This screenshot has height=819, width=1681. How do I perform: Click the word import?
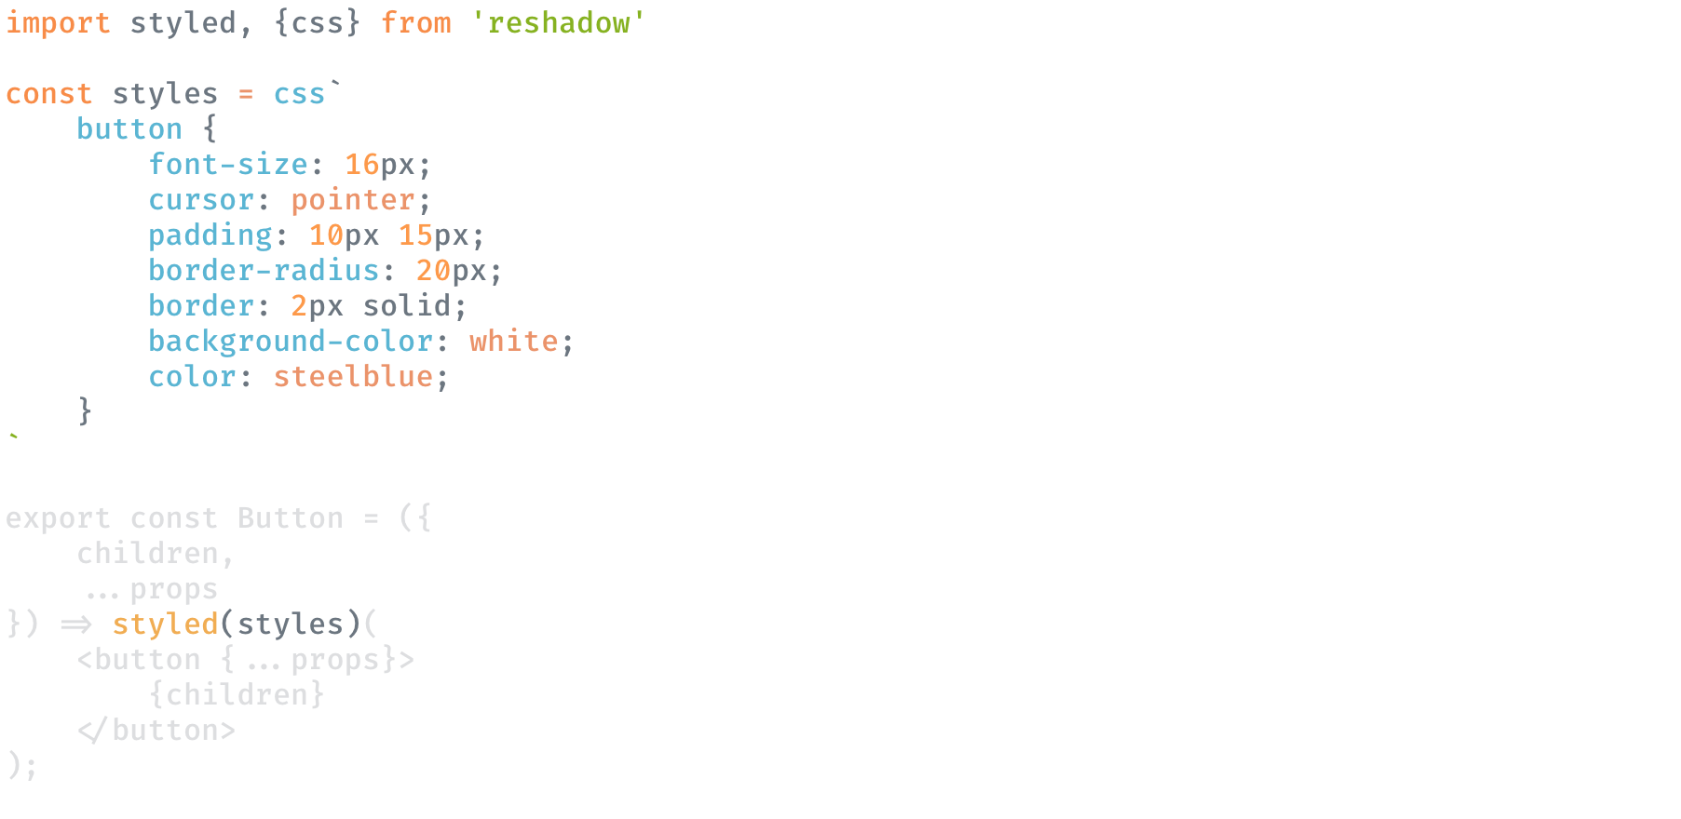pyautogui.click(x=58, y=22)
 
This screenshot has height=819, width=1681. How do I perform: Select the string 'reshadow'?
pyautogui.click(x=558, y=22)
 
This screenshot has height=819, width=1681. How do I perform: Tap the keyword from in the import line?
pyautogui.click(x=415, y=22)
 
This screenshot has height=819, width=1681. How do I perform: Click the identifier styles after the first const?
pyautogui.click(x=165, y=94)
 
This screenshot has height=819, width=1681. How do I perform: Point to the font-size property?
pyautogui.click(x=228, y=165)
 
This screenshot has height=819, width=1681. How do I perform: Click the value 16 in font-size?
pyautogui.click(x=362, y=165)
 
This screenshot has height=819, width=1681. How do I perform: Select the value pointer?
pyautogui.click(x=353, y=200)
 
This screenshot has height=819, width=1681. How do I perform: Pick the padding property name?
pyautogui.click(x=210, y=235)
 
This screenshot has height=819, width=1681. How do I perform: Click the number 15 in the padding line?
pyautogui.click(x=415, y=235)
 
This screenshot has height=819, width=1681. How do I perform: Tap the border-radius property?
pyautogui.click(x=264, y=271)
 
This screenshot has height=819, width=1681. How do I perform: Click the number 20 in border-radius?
pyautogui.click(x=433, y=271)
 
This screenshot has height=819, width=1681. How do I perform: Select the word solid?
pyautogui.click(x=407, y=306)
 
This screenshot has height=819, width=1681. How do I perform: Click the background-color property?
pyautogui.click(x=291, y=342)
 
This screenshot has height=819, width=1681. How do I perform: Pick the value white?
pyautogui.click(x=513, y=342)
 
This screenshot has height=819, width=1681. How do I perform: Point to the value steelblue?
pyautogui.click(x=353, y=377)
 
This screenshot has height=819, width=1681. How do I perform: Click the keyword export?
pyautogui.click(x=58, y=518)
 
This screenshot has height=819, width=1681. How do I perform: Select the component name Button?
pyautogui.click(x=291, y=518)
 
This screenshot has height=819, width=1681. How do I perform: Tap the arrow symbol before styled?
pyautogui.click(x=76, y=624)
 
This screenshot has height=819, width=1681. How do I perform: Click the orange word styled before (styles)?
pyautogui.click(x=165, y=624)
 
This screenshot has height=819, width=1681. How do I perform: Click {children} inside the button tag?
pyautogui.click(x=237, y=695)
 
